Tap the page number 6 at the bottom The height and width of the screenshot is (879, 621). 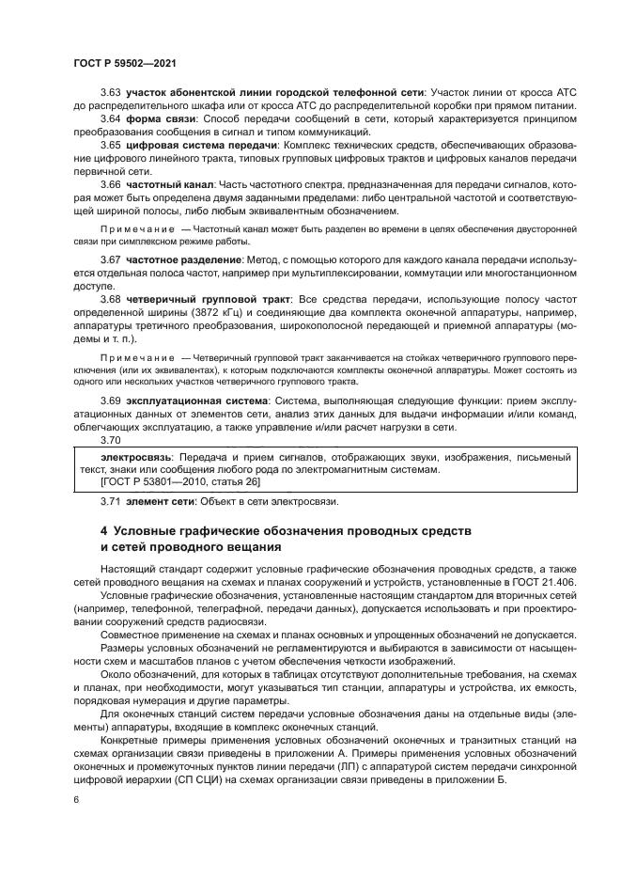[76, 800]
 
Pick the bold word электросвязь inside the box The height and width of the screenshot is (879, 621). [117, 456]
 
